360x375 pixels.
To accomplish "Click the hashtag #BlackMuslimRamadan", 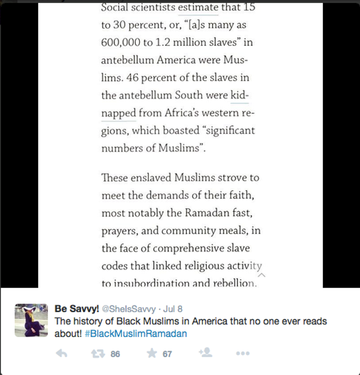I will (x=136, y=334).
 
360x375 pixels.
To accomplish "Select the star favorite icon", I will (x=152, y=354).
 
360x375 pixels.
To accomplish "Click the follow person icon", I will (x=205, y=353).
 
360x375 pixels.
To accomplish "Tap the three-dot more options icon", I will (x=243, y=354).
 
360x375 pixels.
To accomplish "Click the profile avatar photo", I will (x=31, y=320).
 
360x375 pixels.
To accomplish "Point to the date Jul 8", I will (x=173, y=309).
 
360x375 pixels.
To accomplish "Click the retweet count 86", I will (x=115, y=354).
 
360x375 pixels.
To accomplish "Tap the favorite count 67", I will (x=168, y=354).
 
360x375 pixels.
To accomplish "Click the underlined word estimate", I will (x=198, y=7).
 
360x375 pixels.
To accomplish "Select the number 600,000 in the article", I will (x=120, y=43).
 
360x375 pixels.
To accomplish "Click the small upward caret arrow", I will (x=262, y=275).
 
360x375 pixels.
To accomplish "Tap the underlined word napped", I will (x=118, y=113).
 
